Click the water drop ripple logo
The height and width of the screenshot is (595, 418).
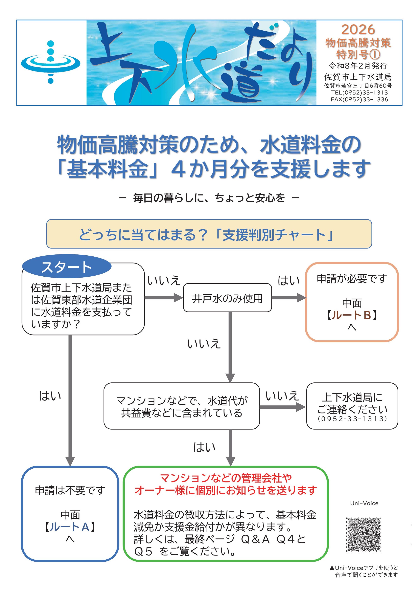click(51, 62)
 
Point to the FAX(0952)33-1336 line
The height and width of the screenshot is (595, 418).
click(359, 99)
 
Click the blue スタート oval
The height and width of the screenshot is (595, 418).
click(67, 267)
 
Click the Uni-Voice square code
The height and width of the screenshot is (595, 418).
click(363, 534)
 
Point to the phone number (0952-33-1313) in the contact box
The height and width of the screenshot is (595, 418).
click(352, 419)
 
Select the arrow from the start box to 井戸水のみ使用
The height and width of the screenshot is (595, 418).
click(164, 297)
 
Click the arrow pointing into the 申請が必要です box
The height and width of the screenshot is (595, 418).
click(289, 297)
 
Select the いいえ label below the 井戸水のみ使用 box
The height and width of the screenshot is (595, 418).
click(204, 344)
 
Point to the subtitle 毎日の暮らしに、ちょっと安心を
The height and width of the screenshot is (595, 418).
click(209, 198)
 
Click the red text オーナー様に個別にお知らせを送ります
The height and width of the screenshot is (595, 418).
click(225, 490)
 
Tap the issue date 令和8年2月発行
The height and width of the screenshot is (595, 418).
click(358, 66)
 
